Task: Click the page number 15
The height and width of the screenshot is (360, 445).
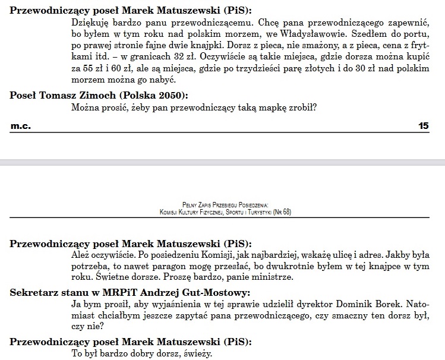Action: (x=424, y=126)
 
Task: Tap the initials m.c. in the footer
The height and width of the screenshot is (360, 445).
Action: (x=21, y=126)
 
